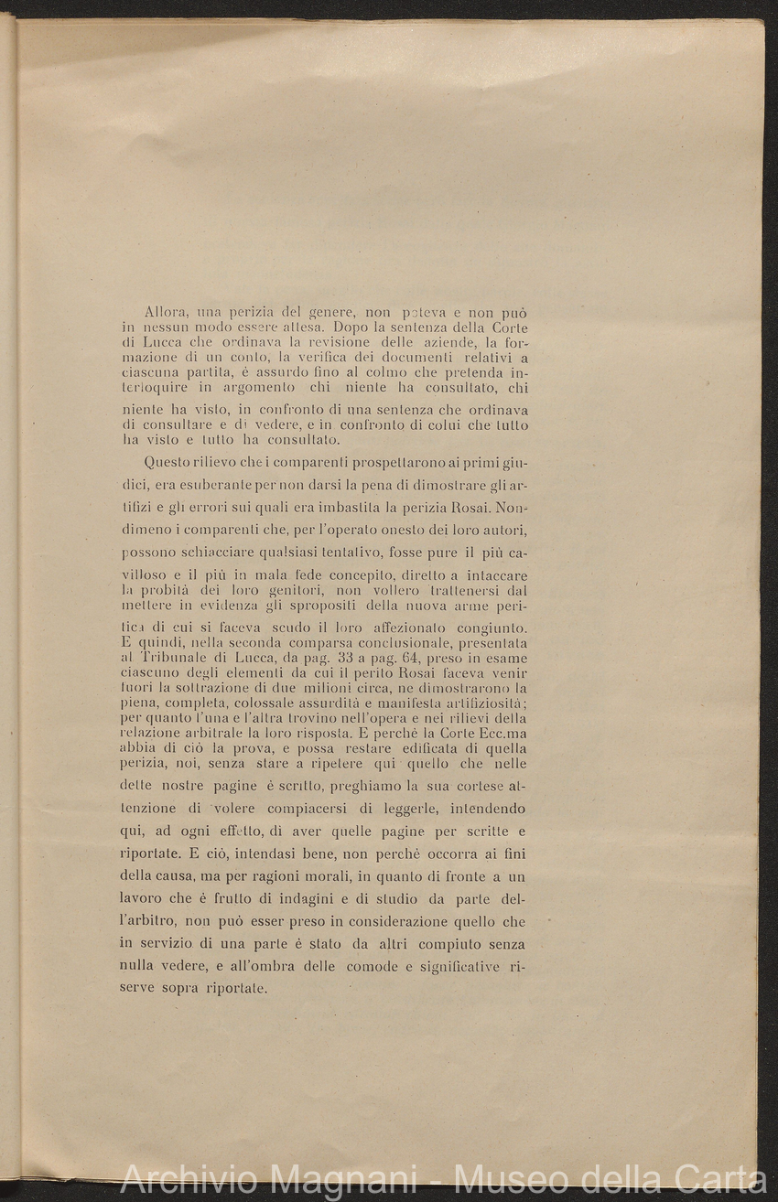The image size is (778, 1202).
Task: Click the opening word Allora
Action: [x=164, y=313]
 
